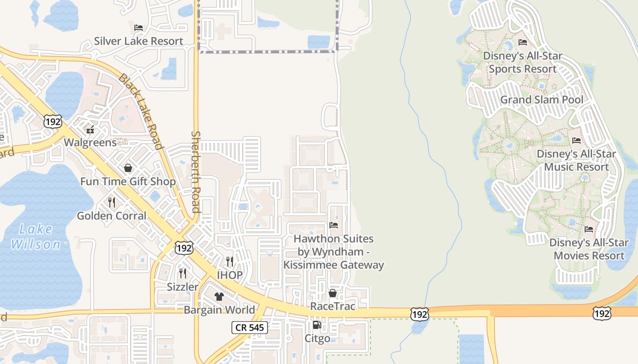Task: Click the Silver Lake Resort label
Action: coord(139,41)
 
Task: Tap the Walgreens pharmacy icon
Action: coord(90,130)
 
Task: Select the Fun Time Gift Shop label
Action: coord(128,182)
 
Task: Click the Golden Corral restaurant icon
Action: coord(112,202)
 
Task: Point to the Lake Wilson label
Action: coord(36,237)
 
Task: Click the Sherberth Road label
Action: coord(196,172)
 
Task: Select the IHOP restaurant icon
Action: coord(230,261)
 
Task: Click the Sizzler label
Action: coord(183,287)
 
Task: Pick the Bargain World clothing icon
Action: coord(219,297)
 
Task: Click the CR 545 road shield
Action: coord(250,327)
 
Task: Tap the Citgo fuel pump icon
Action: coord(317,325)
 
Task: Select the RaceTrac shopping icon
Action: coord(333,293)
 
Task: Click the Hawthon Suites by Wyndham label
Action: coord(334,252)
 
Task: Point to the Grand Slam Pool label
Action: coord(541,100)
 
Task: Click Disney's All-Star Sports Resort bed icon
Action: coord(523,43)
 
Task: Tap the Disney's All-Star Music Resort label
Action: coord(576,160)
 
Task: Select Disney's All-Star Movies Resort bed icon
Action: coord(589,229)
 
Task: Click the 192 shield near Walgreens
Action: coord(53,121)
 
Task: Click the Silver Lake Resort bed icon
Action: coord(139,27)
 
